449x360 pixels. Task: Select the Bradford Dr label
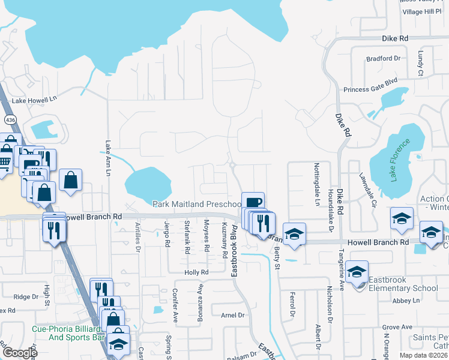point(383,58)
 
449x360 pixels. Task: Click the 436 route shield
point(10,120)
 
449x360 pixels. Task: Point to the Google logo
point(19,353)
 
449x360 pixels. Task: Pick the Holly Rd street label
point(196,272)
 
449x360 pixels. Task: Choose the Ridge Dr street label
point(26,296)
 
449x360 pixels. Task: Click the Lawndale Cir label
point(366,190)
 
